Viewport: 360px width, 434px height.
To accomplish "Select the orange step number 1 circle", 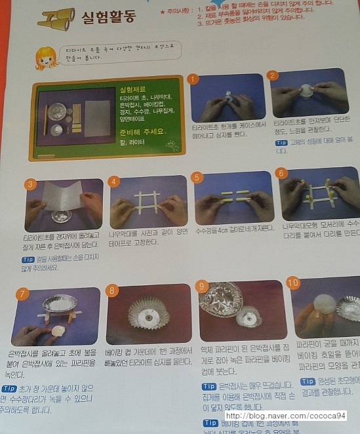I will pyautogui.click(x=192, y=79).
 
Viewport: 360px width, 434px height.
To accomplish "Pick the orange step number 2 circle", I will pyautogui.click(x=273, y=75).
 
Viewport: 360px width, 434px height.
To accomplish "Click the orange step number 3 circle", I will pyautogui.click(x=30, y=184).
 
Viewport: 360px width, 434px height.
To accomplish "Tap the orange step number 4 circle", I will pyautogui.click(x=115, y=181).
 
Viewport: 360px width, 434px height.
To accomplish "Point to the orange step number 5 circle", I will pyautogui.click(x=197, y=177).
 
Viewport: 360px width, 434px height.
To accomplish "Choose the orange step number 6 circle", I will pyautogui.click(x=281, y=173).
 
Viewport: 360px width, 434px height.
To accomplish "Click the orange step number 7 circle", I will pyautogui.click(x=23, y=293).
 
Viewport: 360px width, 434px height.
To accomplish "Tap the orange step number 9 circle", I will pyautogui.click(x=202, y=286).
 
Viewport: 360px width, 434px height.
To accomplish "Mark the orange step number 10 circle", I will pyautogui.click(x=293, y=283).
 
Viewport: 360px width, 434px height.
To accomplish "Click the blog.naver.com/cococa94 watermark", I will pyautogui.click(x=290, y=416).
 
